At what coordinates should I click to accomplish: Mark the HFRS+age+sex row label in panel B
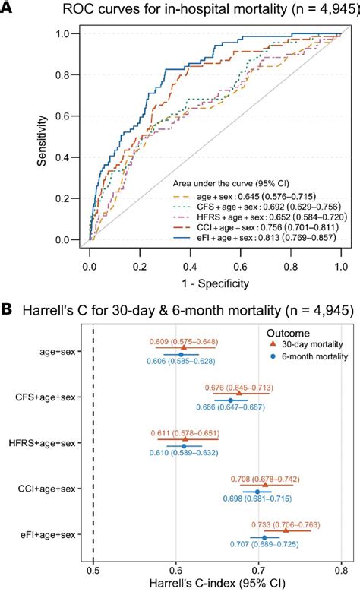click(46, 443)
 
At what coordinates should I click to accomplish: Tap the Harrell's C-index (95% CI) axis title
click(216, 584)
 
